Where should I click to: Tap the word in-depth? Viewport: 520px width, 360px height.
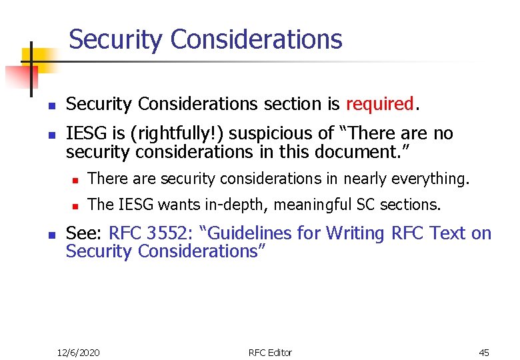(241, 205)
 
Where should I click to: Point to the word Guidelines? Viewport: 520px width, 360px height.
(249, 233)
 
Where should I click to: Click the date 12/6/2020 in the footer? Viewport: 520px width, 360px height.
(78, 352)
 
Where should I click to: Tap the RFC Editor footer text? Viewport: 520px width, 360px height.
(270, 352)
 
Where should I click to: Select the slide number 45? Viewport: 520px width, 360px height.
(483, 352)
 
